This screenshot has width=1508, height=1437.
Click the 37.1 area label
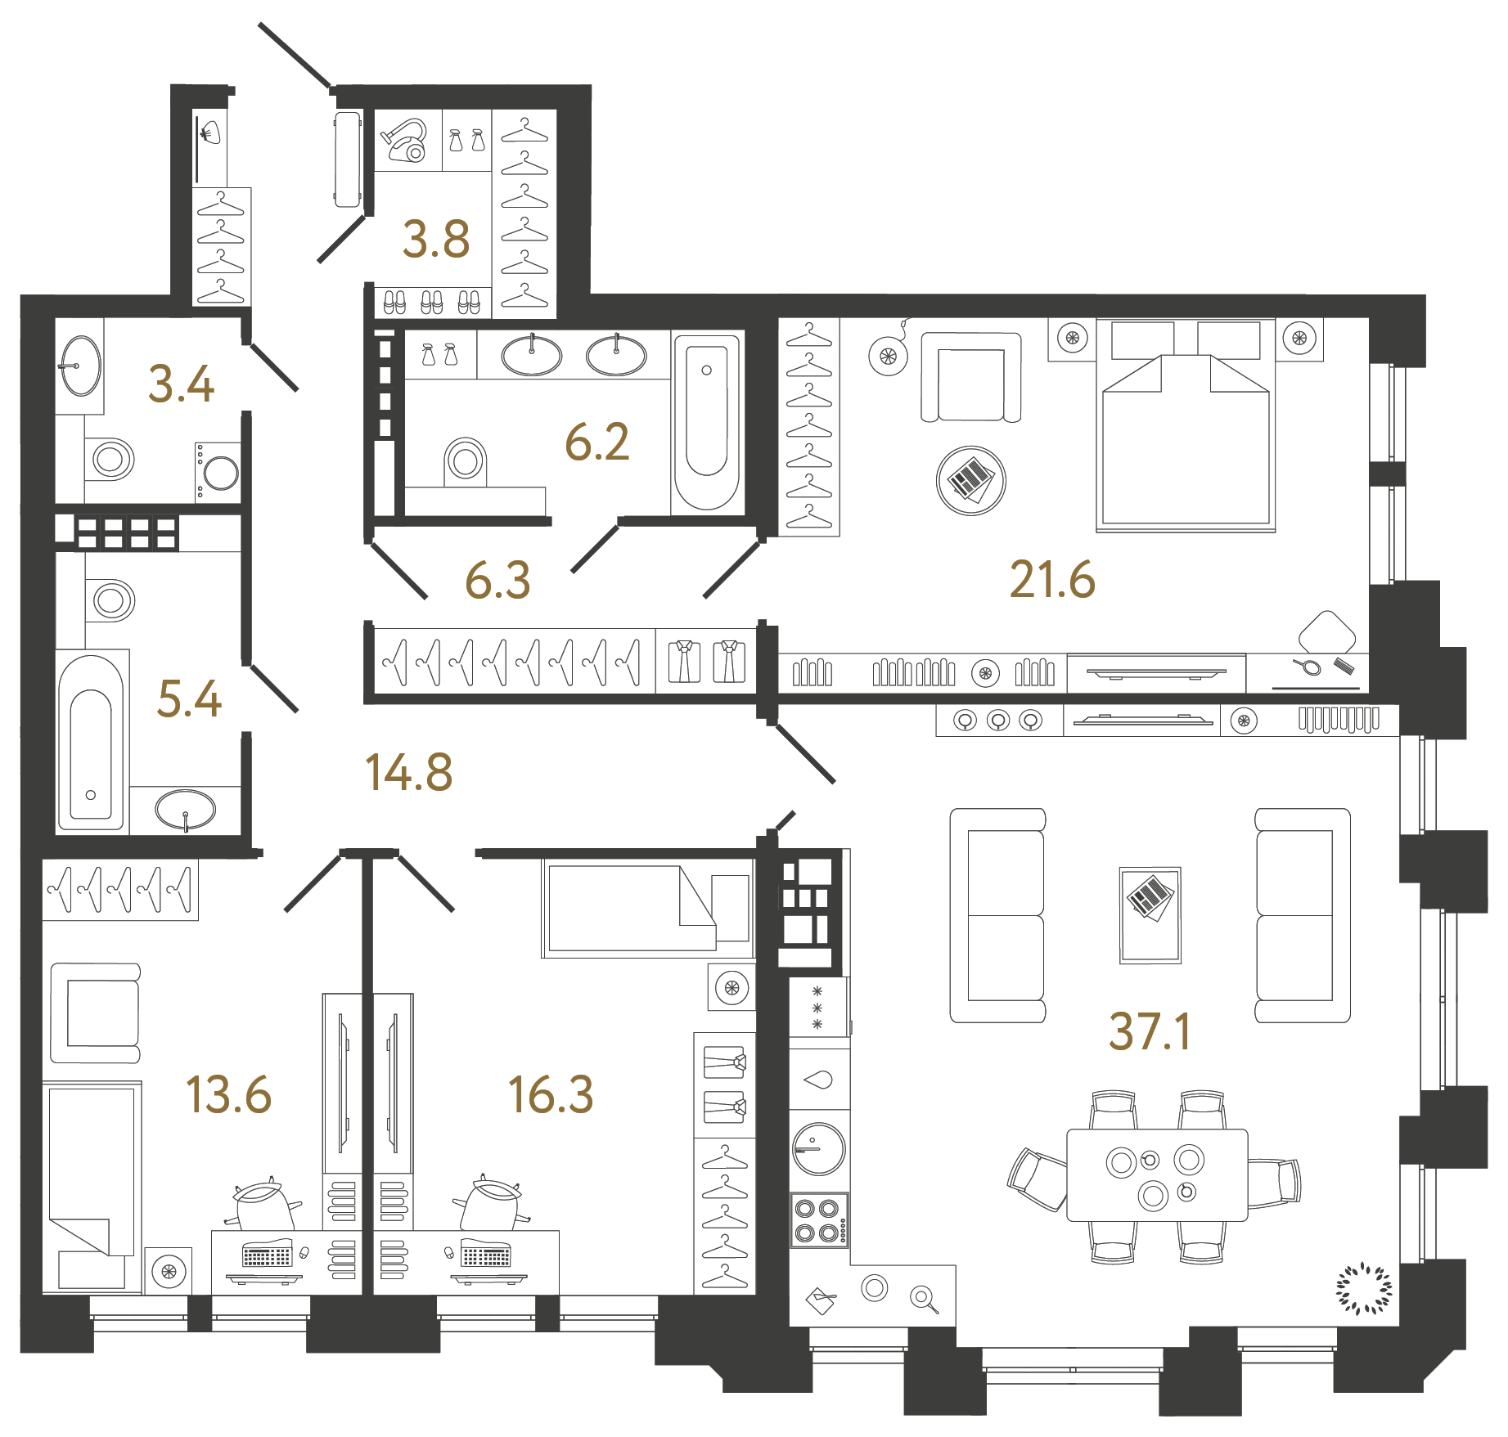pos(1149,1031)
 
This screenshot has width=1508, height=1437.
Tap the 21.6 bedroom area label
pos(1052,580)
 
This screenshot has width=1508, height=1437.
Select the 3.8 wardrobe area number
pos(436,240)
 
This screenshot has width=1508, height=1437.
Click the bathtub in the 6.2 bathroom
pos(707,421)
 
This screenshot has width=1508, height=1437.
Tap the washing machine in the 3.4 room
pos(218,472)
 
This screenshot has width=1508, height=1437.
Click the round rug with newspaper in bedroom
pos(970,480)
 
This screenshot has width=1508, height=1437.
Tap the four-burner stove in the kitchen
pos(818,1219)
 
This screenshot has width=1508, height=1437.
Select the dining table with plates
pos(1157,1175)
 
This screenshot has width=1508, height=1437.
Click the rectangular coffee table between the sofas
pos(1150,914)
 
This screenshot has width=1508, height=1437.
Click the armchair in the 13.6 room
pos(96,1013)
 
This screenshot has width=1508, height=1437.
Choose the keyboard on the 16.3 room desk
pos(485,1255)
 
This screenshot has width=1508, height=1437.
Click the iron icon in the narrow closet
pos(209,132)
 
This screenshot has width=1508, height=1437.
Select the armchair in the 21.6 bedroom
pos(970,377)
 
